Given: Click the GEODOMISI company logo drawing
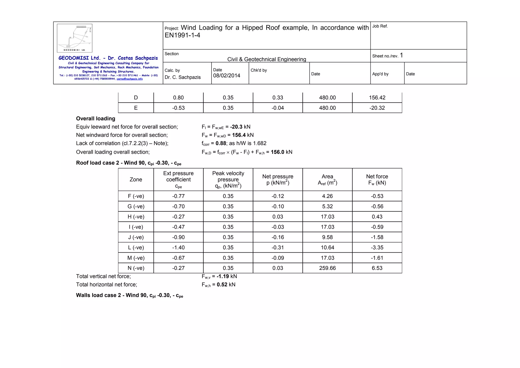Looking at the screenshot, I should point(74,38).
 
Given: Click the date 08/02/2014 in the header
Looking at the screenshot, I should point(226,76).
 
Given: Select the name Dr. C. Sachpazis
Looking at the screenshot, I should point(183,77).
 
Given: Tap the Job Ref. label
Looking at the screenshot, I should point(380,26).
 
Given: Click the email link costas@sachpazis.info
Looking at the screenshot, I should point(129,79).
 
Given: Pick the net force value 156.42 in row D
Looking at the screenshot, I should point(377,98).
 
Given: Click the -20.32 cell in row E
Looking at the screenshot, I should point(377,108).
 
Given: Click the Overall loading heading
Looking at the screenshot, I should point(95,118).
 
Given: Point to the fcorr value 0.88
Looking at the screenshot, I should point(221,143).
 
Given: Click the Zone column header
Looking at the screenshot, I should point(136,180).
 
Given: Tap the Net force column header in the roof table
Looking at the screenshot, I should point(377,180).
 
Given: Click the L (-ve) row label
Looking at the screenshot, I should point(136,248).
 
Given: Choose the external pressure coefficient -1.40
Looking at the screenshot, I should point(178,248).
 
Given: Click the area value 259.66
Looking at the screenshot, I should point(327,268).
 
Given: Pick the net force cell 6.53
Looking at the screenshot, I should point(377,268).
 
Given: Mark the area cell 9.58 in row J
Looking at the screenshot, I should point(327,237).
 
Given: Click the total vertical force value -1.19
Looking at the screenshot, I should point(223,276).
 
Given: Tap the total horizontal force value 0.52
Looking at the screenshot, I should point(222,285).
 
